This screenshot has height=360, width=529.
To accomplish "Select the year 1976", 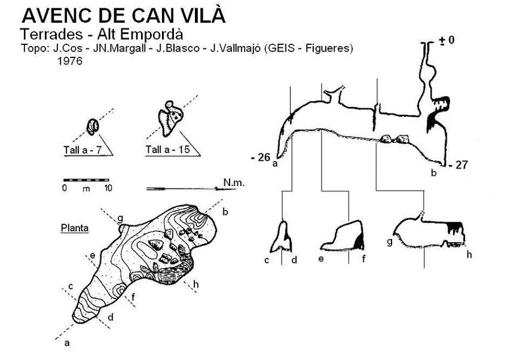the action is click(70, 61).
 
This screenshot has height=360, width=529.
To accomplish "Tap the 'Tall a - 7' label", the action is click(82, 150).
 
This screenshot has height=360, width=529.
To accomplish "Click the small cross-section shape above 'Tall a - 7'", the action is click(93, 127).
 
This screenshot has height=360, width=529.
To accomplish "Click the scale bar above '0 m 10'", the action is click(86, 180).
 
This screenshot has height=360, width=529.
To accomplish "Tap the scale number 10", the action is click(108, 188).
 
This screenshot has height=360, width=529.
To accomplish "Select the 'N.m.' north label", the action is click(234, 182).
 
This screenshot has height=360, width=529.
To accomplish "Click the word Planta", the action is click(75, 228).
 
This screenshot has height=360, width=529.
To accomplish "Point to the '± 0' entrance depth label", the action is click(447, 40).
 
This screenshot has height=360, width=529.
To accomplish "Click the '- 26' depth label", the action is click(261, 157).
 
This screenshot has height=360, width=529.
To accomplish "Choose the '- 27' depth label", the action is click(458, 164).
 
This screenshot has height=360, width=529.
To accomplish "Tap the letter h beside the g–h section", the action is click(469, 254).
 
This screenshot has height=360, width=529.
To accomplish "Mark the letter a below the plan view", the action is click(67, 343).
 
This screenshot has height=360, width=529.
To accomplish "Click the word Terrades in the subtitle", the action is click(51, 34).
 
